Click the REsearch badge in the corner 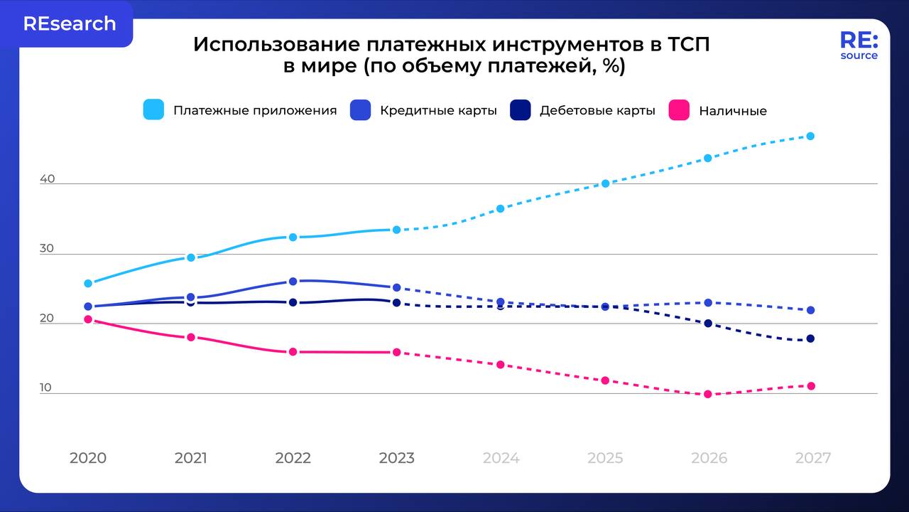click(x=69, y=23)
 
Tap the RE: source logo click(x=859, y=46)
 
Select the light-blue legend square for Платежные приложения click(x=153, y=110)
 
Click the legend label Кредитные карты click(x=438, y=111)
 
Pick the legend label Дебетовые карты click(x=597, y=111)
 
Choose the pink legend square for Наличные click(x=680, y=110)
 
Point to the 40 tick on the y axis click(x=47, y=179)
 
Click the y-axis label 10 click(x=46, y=388)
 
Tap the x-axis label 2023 click(x=396, y=458)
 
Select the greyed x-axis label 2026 click(x=709, y=458)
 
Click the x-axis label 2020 click(x=88, y=458)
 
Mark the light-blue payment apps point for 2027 click(x=810, y=136)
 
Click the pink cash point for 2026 click(x=707, y=394)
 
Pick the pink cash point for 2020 click(x=88, y=319)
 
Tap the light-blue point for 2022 click(x=293, y=237)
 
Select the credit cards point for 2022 click(x=293, y=282)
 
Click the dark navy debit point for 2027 click(x=810, y=338)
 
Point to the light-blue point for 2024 click(x=500, y=208)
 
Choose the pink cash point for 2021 click(x=191, y=337)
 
